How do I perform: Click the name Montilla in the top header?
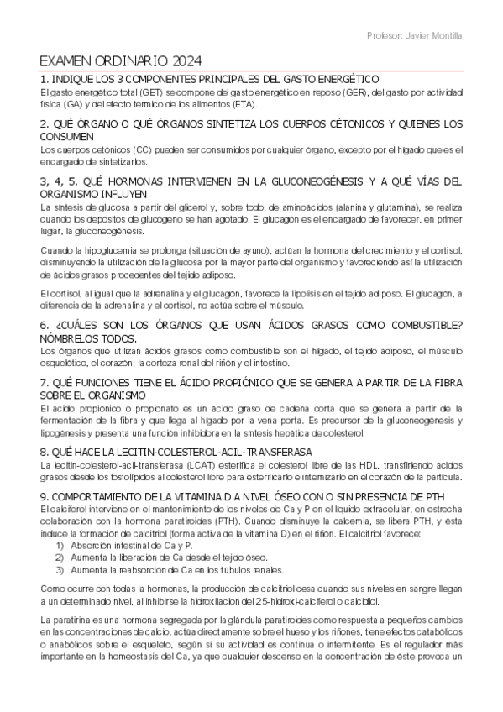(444, 35)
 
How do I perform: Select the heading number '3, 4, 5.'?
(56, 181)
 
